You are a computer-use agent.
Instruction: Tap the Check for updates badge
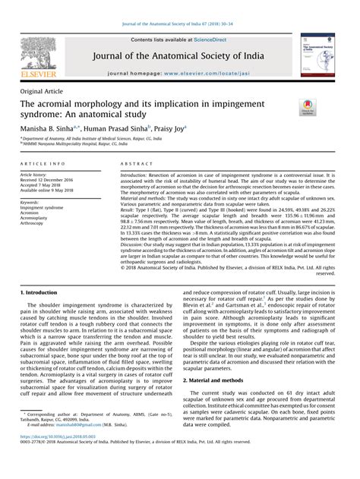click(x=308, y=110)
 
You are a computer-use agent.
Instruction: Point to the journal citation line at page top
click(x=179, y=7)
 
